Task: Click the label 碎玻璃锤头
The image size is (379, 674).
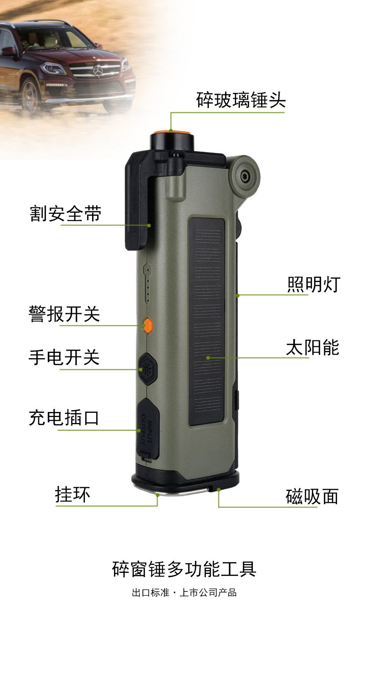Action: pyautogui.click(x=241, y=100)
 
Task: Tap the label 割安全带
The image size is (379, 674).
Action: pyautogui.click(x=66, y=214)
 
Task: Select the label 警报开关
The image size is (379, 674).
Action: pyautogui.click(x=64, y=314)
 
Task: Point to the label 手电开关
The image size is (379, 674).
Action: pyautogui.click(x=64, y=358)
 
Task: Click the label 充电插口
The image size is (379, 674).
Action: pyautogui.click(x=64, y=418)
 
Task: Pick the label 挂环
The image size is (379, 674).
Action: pyautogui.click(x=73, y=495)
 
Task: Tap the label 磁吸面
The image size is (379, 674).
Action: pyautogui.click(x=312, y=497)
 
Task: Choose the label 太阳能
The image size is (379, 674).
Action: pyautogui.click(x=312, y=348)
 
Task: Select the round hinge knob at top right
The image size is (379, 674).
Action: pyautogui.click(x=244, y=176)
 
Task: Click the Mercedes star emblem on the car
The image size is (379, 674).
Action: pyautogui.click(x=98, y=71)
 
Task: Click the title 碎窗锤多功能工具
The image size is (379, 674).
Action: pyautogui.click(x=184, y=569)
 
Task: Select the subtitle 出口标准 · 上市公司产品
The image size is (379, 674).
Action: pyautogui.click(x=184, y=592)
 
